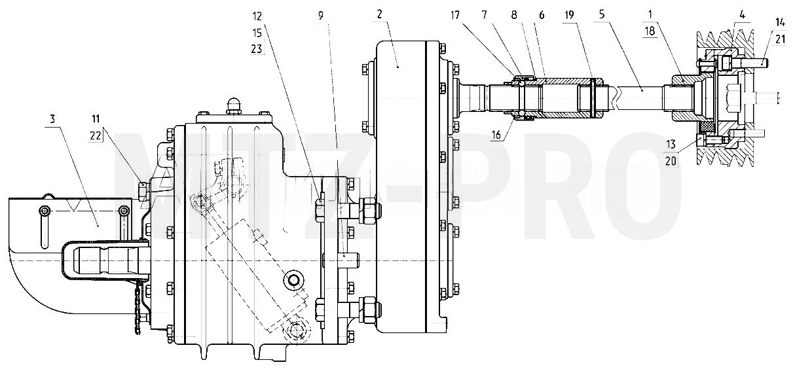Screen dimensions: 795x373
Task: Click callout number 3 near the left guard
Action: pyautogui.click(x=52, y=118)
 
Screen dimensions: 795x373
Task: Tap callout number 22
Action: pyautogui.click(x=95, y=135)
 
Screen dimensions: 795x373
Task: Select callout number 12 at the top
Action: pyautogui.click(x=257, y=16)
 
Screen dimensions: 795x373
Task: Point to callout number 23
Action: pyautogui.click(x=257, y=48)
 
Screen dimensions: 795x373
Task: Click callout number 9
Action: pyautogui.click(x=321, y=16)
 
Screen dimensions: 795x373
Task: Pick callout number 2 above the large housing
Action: pyautogui.click(x=380, y=14)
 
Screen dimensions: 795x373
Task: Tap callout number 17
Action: pyautogui.click(x=455, y=15)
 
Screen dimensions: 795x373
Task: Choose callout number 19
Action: pyautogui.click(x=569, y=15)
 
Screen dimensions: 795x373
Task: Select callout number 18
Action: pyautogui.click(x=650, y=31)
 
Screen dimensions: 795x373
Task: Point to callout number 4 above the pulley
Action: pyautogui.click(x=742, y=15)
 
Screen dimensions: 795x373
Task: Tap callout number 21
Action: pyautogui.click(x=780, y=39)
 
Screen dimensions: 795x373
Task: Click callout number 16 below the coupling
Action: pyautogui.click(x=496, y=134)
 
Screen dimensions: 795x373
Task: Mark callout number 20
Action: pyautogui.click(x=671, y=161)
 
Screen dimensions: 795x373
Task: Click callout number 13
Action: pyautogui.click(x=671, y=145)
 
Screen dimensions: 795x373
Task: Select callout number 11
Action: pyautogui.click(x=95, y=118)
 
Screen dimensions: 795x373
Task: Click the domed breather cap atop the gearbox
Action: pyautogui.click(x=233, y=105)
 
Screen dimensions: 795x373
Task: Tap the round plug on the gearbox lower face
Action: pyautogui.click(x=293, y=281)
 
